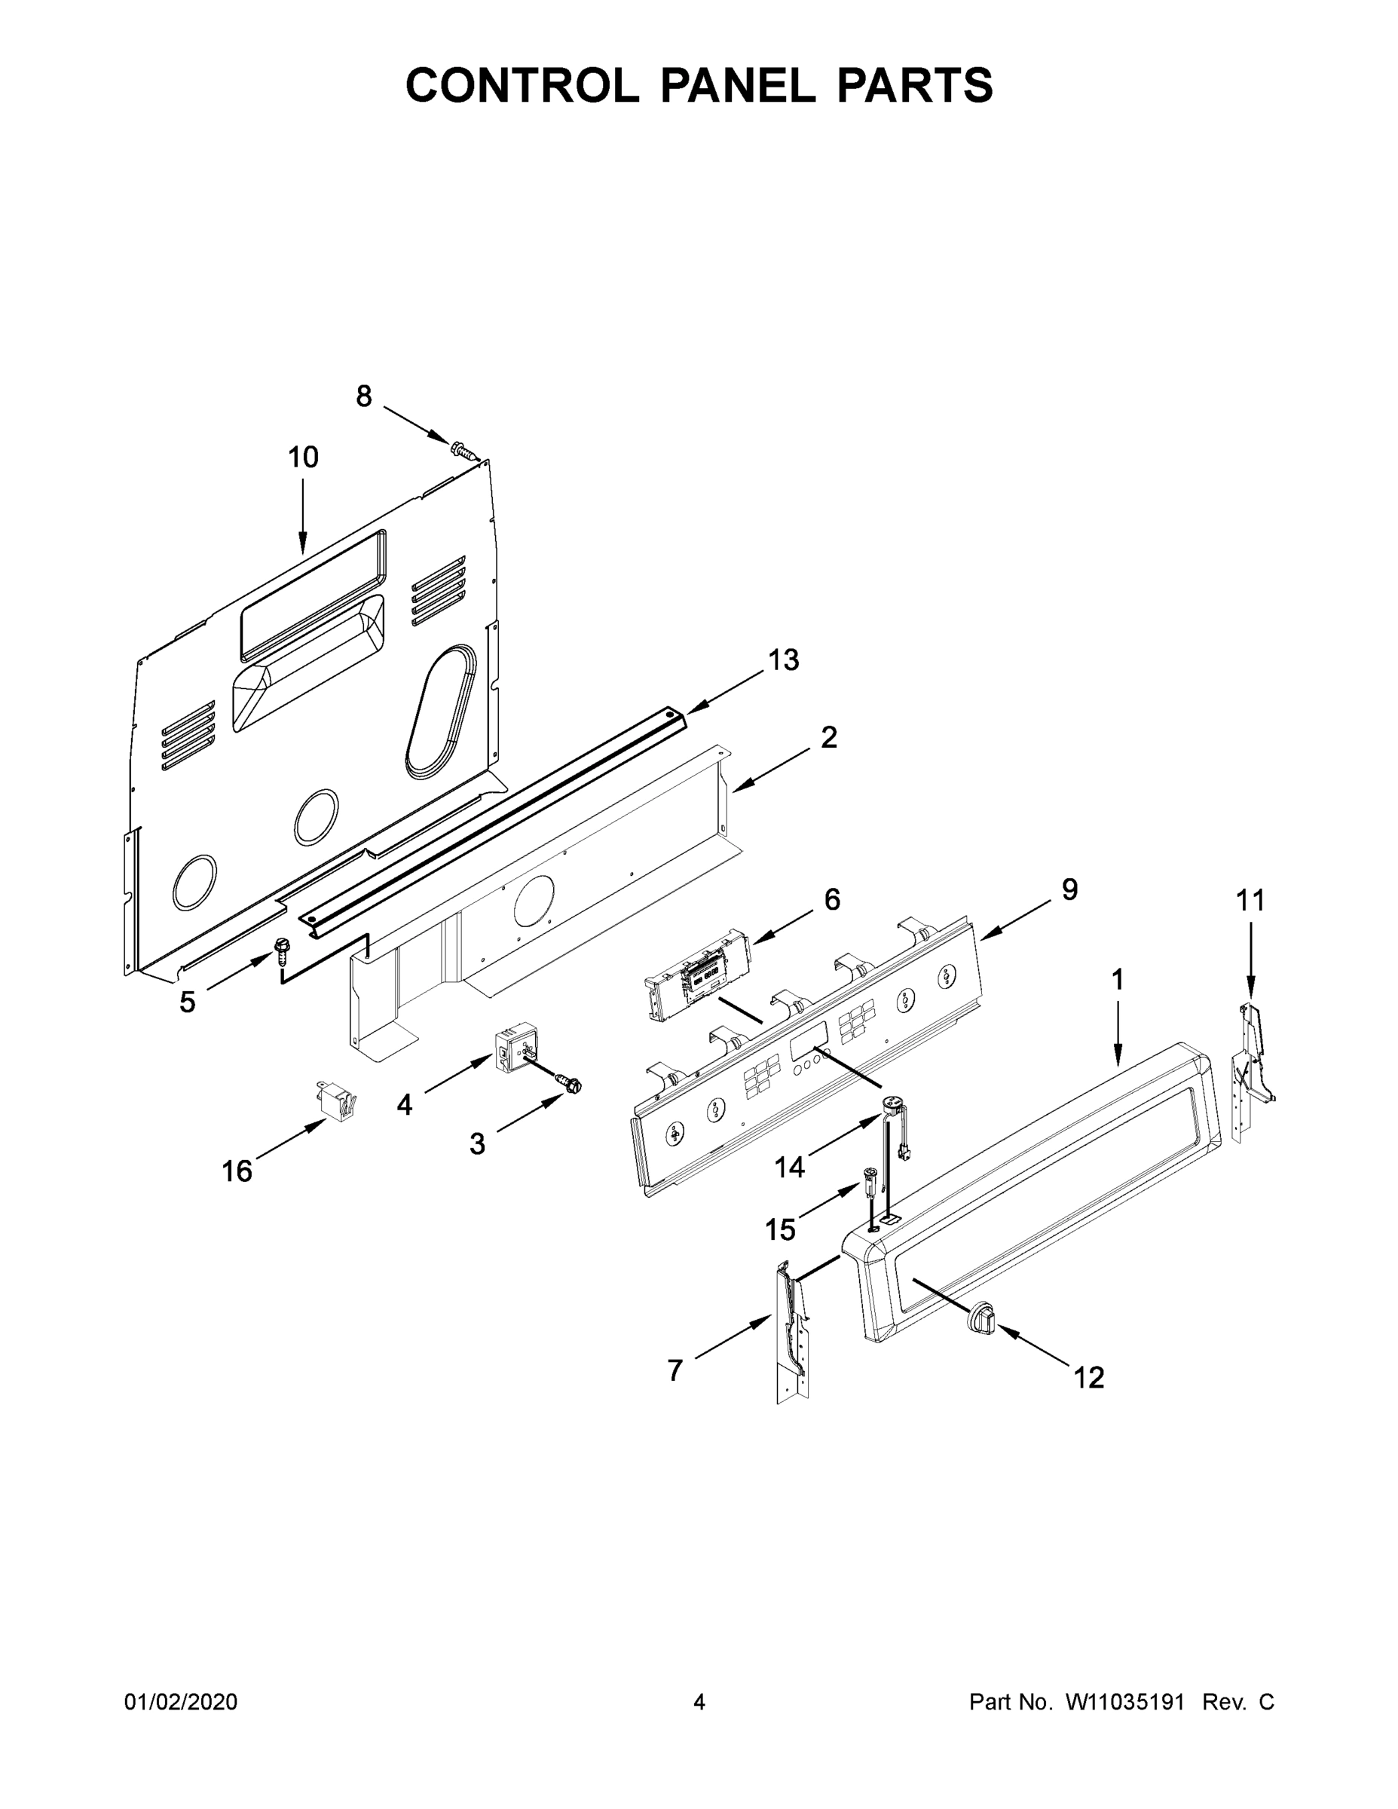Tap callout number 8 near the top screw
[x=363, y=396]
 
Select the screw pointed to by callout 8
[x=466, y=451]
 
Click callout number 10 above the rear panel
[x=303, y=458]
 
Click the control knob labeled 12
[x=981, y=1316]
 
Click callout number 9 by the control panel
[x=1069, y=890]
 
